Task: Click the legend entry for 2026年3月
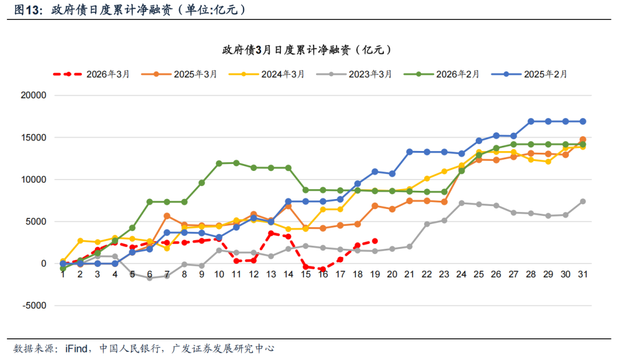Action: click(91, 74)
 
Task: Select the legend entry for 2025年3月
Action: click(179, 74)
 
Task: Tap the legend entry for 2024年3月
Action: click(266, 74)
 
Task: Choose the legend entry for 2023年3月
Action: click(353, 74)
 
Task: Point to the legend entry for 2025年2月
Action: click(529, 74)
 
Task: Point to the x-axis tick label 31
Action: click(583, 274)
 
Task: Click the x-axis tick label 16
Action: click(323, 274)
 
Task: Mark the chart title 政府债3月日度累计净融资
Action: click(307, 50)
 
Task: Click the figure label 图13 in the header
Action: click(26, 10)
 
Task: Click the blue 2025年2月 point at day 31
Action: click(583, 121)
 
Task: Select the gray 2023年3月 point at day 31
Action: click(583, 201)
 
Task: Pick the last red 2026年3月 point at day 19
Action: click(375, 241)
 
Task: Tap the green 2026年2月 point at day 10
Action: click(219, 163)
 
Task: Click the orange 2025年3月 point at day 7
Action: click(167, 216)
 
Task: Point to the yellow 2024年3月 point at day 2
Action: click(80, 241)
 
